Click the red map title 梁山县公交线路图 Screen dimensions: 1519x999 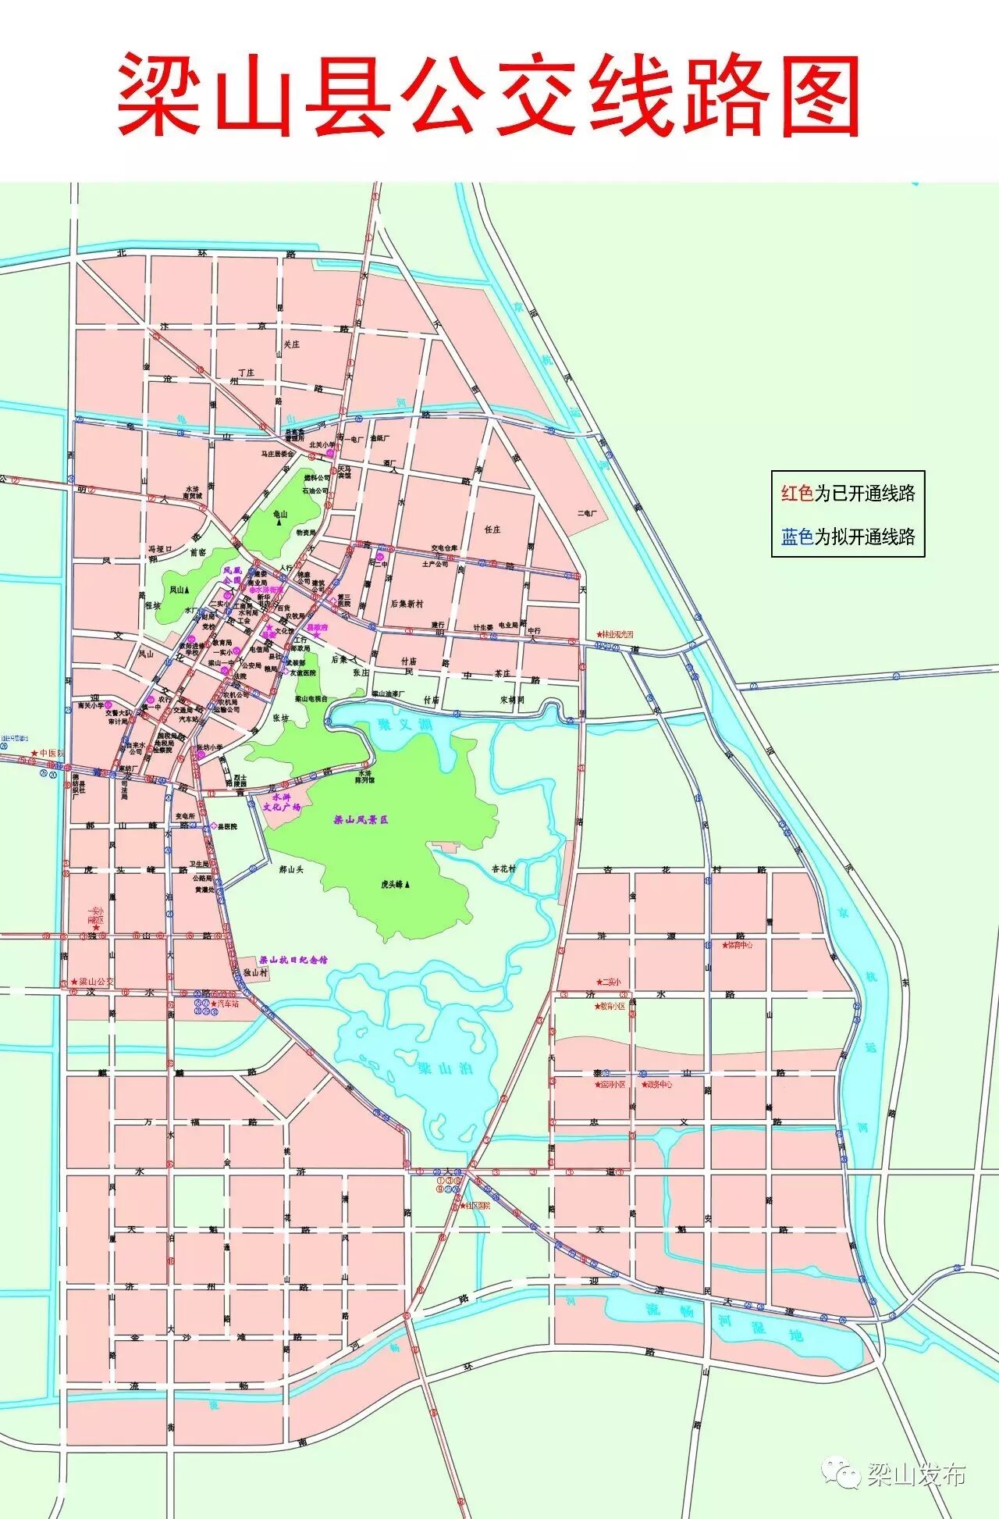click(x=489, y=95)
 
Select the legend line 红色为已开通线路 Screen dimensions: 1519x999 click(x=848, y=494)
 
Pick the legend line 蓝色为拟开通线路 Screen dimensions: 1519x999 click(x=848, y=537)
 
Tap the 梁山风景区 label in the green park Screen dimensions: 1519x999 click(x=361, y=820)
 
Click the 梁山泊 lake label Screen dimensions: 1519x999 click(x=446, y=1068)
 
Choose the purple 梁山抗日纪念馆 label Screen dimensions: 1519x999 click(x=293, y=960)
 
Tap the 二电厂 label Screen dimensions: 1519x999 click(x=586, y=513)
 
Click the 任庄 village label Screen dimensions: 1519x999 click(x=492, y=530)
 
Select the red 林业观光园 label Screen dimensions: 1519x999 click(x=616, y=635)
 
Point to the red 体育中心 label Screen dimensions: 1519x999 click(x=737, y=945)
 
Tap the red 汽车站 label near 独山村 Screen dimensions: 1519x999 click(x=224, y=1003)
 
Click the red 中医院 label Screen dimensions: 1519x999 click(x=48, y=754)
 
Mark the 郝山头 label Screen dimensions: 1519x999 click(x=290, y=869)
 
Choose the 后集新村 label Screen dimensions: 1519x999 click(x=407, y=604)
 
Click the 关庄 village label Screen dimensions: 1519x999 click(x=291, y=344)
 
